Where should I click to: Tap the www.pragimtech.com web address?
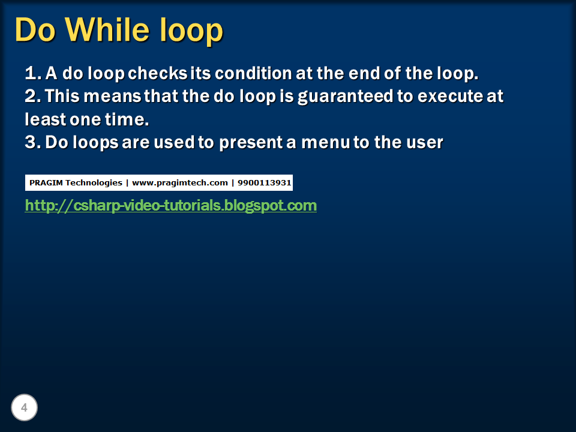pyautogui.click(x=179, y=182)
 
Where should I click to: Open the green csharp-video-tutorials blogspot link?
pyautogui.click(x=170, y=206)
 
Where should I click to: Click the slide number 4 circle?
pyautogui.click(x=24, y=408)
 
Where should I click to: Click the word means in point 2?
pyautogui.click(x=117, y=96)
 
